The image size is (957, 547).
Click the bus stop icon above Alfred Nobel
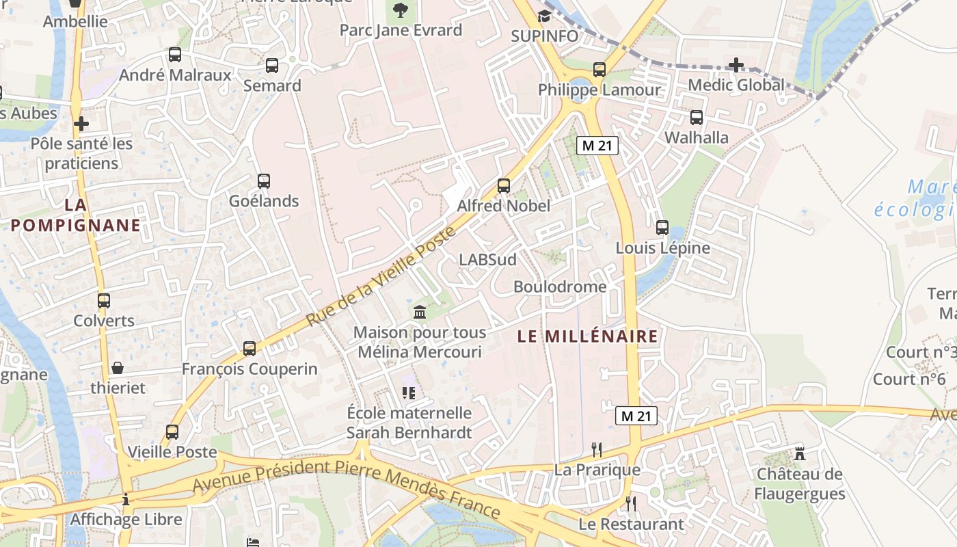pos(504,185)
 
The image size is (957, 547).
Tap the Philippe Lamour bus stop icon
pos(599,69)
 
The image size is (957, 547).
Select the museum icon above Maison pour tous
pos(420,312)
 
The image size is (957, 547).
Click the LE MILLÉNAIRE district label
pos(588,336)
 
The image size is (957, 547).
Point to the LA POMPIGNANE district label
pos(75,215)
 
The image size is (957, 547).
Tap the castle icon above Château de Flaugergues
pos(799,453)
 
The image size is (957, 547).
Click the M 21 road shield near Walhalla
pos(597,145)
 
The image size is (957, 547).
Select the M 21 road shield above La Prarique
pos(636,415)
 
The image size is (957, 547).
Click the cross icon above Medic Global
pos(736,65)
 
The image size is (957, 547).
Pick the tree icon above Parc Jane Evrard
pos(400,10)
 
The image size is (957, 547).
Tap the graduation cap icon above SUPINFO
pos(544,16)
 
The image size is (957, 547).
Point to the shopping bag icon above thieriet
pos(118,368)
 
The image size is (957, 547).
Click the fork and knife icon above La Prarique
pos(597,449)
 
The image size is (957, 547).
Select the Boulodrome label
pos(560,286)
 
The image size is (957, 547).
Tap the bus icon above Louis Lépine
pos(662,228)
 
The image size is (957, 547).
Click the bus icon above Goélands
pos(264,181)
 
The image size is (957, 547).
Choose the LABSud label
pos(487,259)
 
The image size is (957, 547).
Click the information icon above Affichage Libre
pos(126,499)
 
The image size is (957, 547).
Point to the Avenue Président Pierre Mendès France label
pos(347,487)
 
